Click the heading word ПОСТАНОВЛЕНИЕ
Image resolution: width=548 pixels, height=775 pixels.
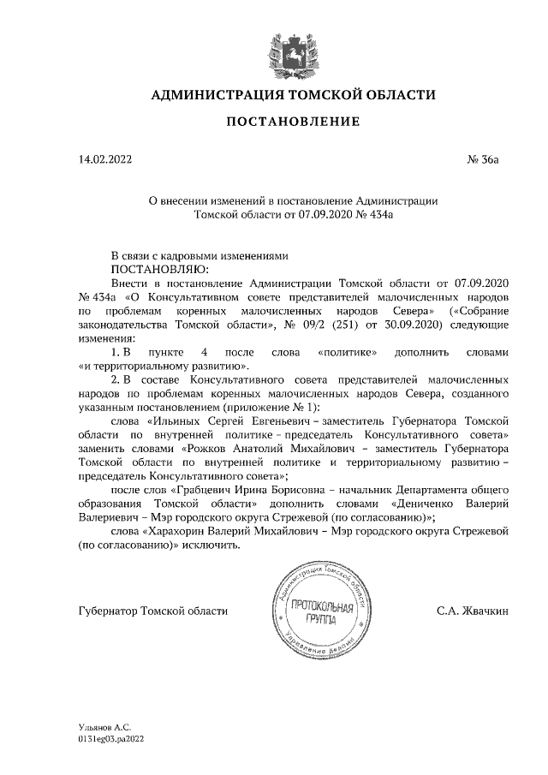[292, 122]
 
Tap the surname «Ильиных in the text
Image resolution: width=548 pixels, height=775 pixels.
[175, 421]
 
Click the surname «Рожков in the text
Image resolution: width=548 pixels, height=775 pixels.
[209, 448]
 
